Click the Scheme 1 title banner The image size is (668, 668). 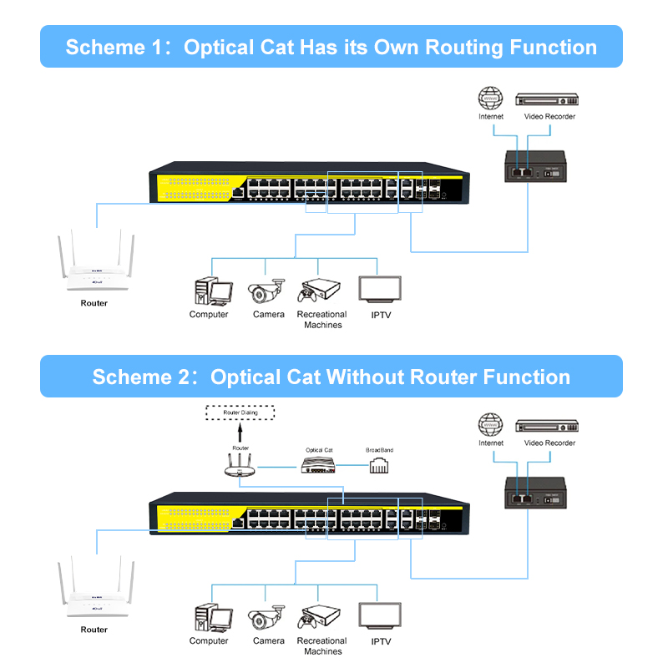click(331, 47)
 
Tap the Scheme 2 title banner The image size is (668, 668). click(331, 377)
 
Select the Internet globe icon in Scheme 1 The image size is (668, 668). click(490, 98)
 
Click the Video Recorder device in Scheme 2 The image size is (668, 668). click(546, 425)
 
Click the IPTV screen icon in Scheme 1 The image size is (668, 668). click(380, 290)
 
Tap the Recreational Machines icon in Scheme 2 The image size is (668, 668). click(321, 618)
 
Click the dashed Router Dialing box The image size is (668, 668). click(240, 412)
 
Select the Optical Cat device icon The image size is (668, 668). click(318, 466)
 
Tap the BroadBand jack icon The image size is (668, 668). click(379, 466)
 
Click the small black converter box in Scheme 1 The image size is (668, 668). click(534, 166)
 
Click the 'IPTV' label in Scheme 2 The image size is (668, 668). click(381, 641)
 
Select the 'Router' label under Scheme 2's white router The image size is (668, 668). click(94, 630)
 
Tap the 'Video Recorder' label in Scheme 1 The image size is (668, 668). click(549, 117)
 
